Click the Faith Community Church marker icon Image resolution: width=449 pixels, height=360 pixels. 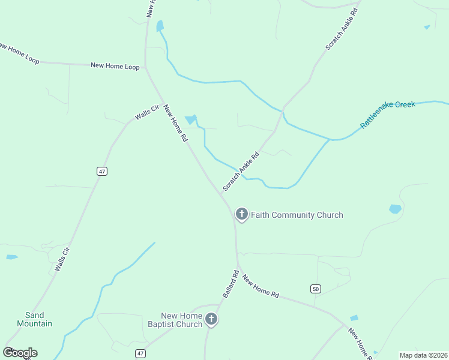coord(241,214)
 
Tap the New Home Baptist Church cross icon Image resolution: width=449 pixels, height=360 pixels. coord(211,319)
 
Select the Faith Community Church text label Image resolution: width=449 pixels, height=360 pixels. coord(297,215)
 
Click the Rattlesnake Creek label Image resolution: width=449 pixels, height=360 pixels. coord(388,114)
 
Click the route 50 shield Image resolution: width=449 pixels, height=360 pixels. coord(316,289)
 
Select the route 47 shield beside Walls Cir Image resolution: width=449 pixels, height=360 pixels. coord(101,171)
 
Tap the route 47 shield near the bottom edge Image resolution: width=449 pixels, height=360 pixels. coord(140,353)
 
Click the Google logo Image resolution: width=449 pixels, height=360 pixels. coord(20,353)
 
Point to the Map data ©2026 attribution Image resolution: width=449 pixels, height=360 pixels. coord(423,355)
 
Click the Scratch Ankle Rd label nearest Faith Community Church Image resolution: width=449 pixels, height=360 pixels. coord(241,171)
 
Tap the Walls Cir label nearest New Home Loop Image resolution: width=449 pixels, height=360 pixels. coord(146,112)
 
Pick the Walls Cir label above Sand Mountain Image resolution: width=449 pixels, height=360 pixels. coord(62,259)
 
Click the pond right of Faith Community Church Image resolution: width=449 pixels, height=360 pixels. coord(395,209)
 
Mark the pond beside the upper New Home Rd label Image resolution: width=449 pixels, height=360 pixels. coord(191,120)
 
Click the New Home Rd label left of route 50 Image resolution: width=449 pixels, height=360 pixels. coord(261,286)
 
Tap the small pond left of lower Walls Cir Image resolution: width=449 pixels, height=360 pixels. coord(12,257)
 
